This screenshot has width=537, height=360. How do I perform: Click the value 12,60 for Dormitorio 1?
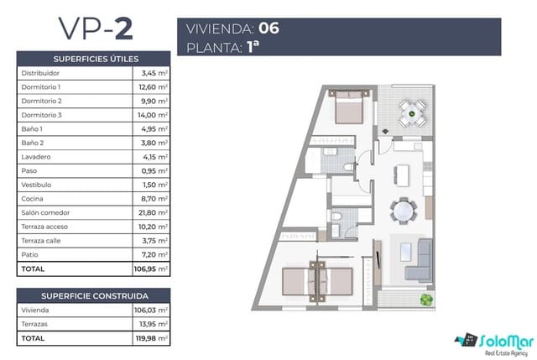148,87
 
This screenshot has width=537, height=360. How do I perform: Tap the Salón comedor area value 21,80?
148,213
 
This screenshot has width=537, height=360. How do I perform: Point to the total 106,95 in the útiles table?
145,269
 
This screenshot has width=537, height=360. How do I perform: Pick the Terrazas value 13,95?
148,324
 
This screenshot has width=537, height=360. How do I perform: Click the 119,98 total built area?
146,338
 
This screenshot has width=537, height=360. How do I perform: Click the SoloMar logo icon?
466,341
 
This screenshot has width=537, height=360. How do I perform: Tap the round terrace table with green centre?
410,112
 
